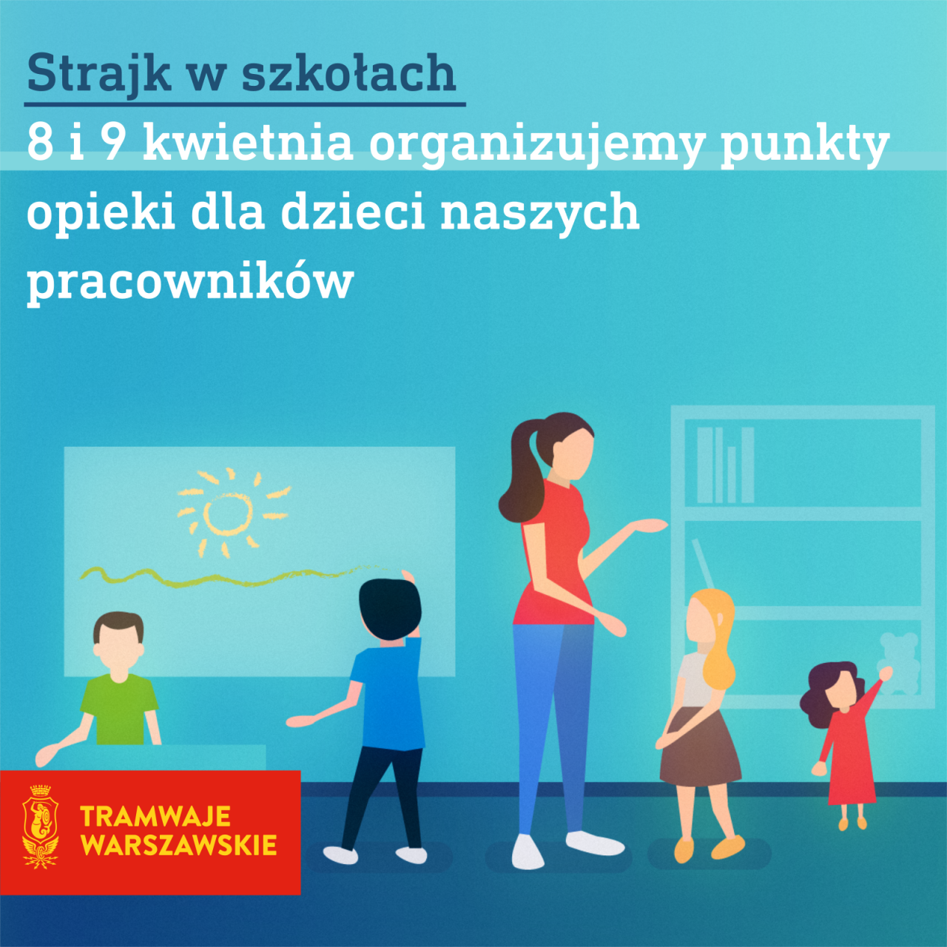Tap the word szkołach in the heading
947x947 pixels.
[x=348, y=73]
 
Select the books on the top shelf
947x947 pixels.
[x=725, y=465]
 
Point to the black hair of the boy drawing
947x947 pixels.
[x=390, y=609]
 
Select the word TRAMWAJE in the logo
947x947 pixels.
[x=155, y=816]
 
